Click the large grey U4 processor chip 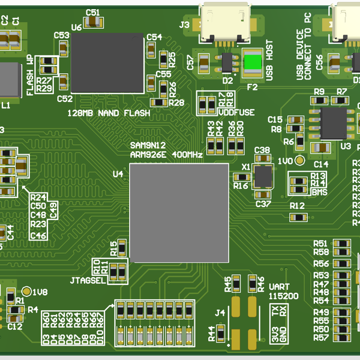point(179,212)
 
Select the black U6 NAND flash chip point(107,63)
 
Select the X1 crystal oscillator point(263,175)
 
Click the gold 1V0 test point point(300,162)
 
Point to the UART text point(279,287)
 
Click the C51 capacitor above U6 point(93,22)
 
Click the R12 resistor point(297,216)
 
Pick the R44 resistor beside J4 point(221,332)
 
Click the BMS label point(319,192)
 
